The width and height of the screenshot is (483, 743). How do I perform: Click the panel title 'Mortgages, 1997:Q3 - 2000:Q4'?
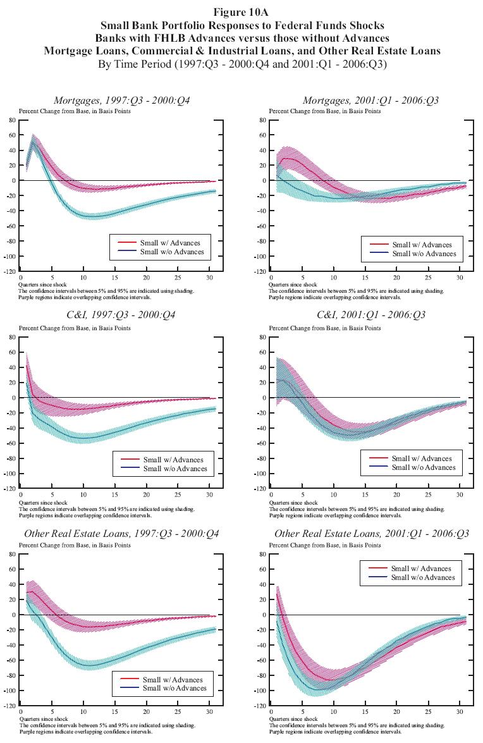coord(122,101)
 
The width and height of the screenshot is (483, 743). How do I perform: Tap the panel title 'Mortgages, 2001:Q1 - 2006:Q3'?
coord(370,101)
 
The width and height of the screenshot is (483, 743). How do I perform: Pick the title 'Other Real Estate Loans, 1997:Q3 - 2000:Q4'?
coord(122,535)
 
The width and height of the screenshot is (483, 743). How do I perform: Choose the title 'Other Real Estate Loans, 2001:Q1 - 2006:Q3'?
coord(372,535)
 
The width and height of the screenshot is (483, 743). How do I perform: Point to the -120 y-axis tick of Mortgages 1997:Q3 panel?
coord(9,271)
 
